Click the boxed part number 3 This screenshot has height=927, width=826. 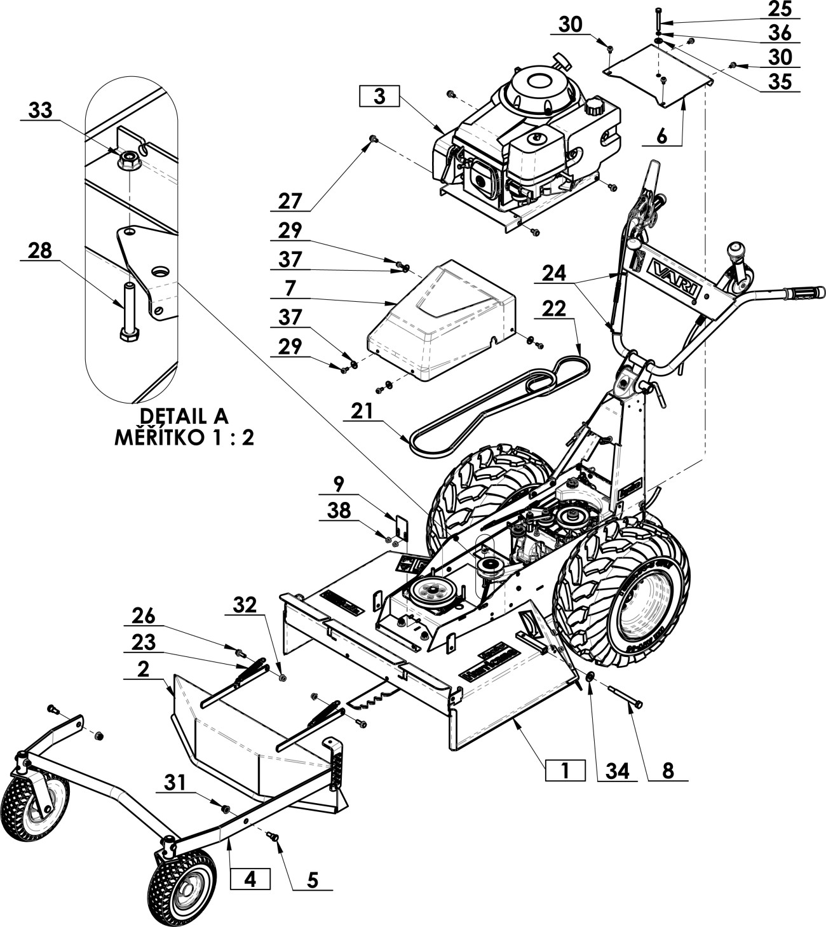379,97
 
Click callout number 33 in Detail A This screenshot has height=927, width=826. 41,110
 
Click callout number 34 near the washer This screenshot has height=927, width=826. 617,771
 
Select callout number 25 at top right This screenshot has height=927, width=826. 780,10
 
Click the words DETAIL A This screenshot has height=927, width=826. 184,416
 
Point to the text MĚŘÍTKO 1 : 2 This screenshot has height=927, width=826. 184,438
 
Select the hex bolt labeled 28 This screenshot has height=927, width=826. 130,311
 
